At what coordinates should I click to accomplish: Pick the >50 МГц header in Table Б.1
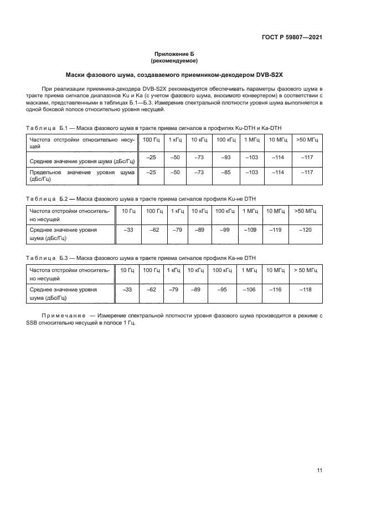click(307, 140)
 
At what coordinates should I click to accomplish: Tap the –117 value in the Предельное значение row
click(307, 173)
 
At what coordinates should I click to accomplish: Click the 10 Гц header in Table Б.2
click(127, 211)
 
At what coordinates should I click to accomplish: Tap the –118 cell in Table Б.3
click(306, 289)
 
